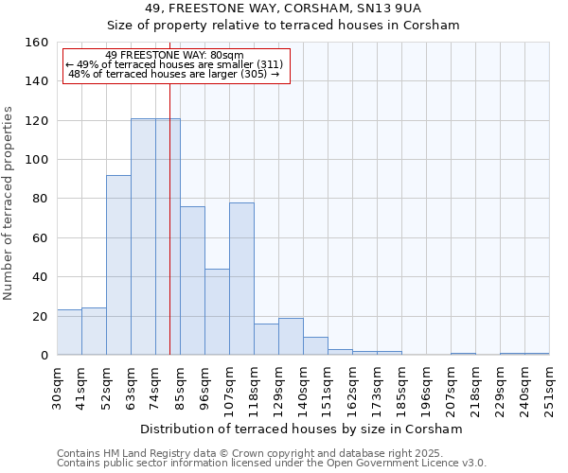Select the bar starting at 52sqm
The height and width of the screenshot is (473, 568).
pyautogui.click(x=118, y=265)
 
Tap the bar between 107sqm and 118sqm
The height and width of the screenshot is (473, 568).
pyautogui.click(x=241, y=279)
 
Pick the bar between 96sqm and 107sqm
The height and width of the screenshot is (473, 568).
pyautogui.click(x=217, y=312)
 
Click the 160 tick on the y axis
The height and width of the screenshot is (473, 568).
pyautogui.click(x=36, y=43)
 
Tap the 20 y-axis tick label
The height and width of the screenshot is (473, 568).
pyautogui.click(x=40, y=317)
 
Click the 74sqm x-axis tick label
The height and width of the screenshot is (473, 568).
pyautogui.click(x=155, y=385)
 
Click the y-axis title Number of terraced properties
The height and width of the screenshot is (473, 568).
pyautogui.click(x=9, y=199)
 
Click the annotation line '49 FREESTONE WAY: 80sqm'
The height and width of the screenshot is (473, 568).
pyautogui.click(x=174, y=55)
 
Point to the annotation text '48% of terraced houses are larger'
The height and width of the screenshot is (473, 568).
pyautogui.click(x=174, y=74)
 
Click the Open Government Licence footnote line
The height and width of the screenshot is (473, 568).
pyautogui.click(x=271, y=464)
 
